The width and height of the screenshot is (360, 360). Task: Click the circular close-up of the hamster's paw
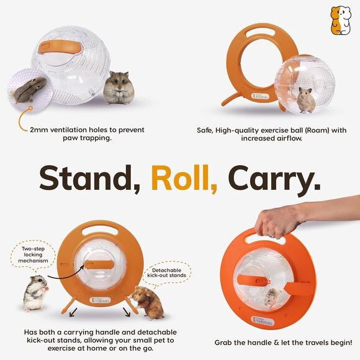point(31,90)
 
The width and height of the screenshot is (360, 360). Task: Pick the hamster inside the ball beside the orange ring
point(305,97)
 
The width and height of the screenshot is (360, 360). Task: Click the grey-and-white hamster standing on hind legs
point(35,292)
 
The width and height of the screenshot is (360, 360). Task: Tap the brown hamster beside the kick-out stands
point(147,302)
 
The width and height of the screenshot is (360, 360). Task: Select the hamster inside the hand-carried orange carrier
point(271,296)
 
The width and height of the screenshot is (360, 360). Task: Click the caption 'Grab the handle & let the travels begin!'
point(283,342)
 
